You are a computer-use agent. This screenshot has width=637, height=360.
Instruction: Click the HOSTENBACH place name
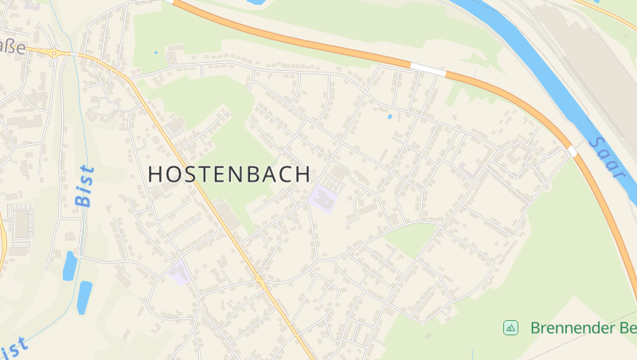229,174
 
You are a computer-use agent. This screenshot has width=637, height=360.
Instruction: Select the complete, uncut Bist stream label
85,186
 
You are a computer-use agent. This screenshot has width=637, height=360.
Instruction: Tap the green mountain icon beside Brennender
510,327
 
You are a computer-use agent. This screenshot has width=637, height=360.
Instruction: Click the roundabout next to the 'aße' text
56,53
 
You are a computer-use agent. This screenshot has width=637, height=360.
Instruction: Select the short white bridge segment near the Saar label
572,151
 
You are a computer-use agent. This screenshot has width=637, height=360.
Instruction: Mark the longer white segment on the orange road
428,69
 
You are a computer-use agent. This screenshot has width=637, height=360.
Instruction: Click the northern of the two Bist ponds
70,266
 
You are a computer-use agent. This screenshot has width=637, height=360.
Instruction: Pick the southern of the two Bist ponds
84,297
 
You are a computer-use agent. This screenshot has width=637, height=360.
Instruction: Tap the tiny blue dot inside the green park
155,53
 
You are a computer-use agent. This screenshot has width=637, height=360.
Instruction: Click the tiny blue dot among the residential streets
389,117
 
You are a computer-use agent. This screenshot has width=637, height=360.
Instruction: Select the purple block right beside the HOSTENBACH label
324,198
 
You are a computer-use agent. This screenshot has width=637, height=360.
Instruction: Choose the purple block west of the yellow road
179,273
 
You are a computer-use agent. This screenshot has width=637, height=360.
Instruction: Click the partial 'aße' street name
13,48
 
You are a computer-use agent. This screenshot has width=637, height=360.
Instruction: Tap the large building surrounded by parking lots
21,222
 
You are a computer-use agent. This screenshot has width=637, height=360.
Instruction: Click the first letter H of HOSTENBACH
156,174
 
